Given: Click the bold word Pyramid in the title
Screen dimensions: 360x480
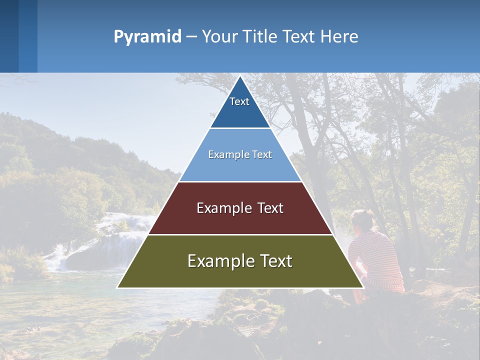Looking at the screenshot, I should click(x=147, y=37).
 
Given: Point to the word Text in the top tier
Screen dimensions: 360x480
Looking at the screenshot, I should click(x=239, y=101).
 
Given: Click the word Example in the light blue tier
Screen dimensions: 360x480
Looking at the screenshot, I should click(x=224, y=154).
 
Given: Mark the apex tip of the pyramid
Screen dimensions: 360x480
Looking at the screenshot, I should click(x=240, y=76).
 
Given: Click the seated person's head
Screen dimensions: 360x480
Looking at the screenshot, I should click(x=362, y=220).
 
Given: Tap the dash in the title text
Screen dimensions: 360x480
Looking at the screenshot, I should click(x=191, y=37).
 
